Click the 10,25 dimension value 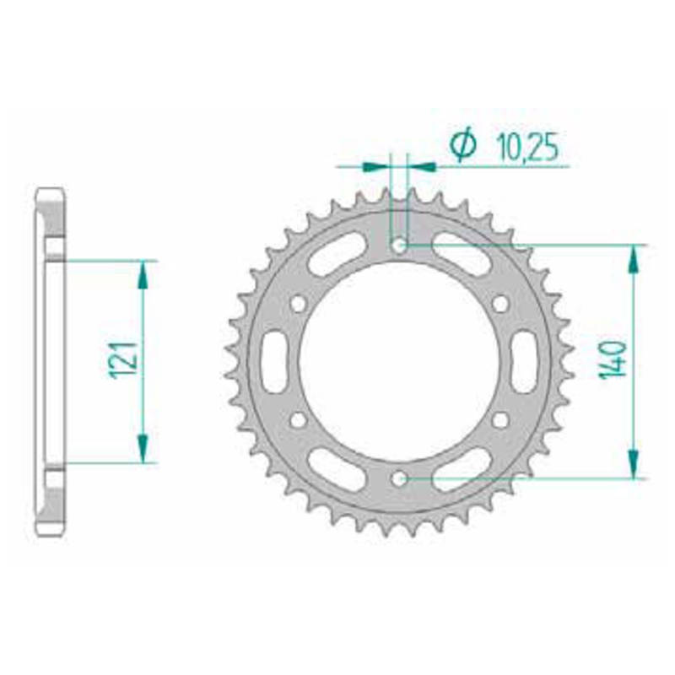[x=527, y=147]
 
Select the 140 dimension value [x=613, y=360]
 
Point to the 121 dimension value [x=122, y=361]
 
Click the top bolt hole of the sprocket [x=399, y=246]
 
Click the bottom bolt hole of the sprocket [x=399, y=478]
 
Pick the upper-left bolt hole [x=299, y=304]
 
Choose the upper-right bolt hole [x=500, y=304]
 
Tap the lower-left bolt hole [x=299, y=420]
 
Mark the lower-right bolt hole [x=500, y=420]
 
